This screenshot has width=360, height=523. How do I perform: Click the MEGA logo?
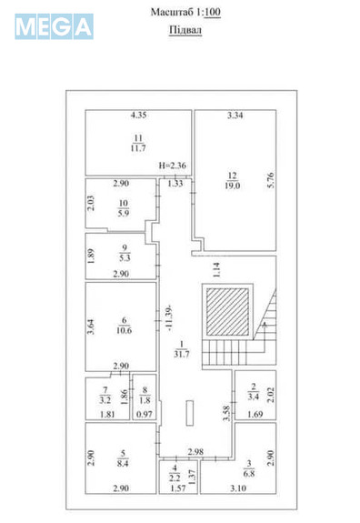pos(54,26)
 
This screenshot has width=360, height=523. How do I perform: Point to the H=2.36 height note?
pos(172,166)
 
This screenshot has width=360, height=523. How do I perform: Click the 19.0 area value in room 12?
pos(233,186)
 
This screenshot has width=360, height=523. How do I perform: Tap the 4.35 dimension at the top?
pos(138,116)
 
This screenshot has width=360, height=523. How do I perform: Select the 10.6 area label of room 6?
pos(125,331)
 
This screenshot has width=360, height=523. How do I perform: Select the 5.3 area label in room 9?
pos(125,257)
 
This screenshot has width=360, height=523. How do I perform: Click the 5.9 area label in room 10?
pos(125,215)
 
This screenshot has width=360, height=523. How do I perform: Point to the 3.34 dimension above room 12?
pos(234,116)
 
